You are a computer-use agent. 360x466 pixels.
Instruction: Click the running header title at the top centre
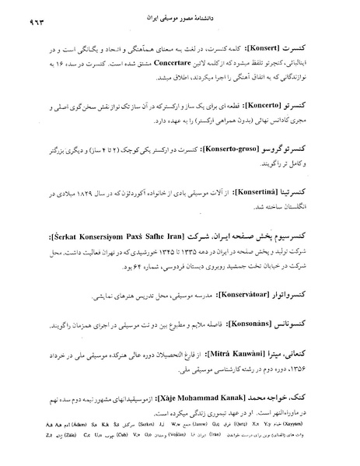(x=180, y=16)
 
